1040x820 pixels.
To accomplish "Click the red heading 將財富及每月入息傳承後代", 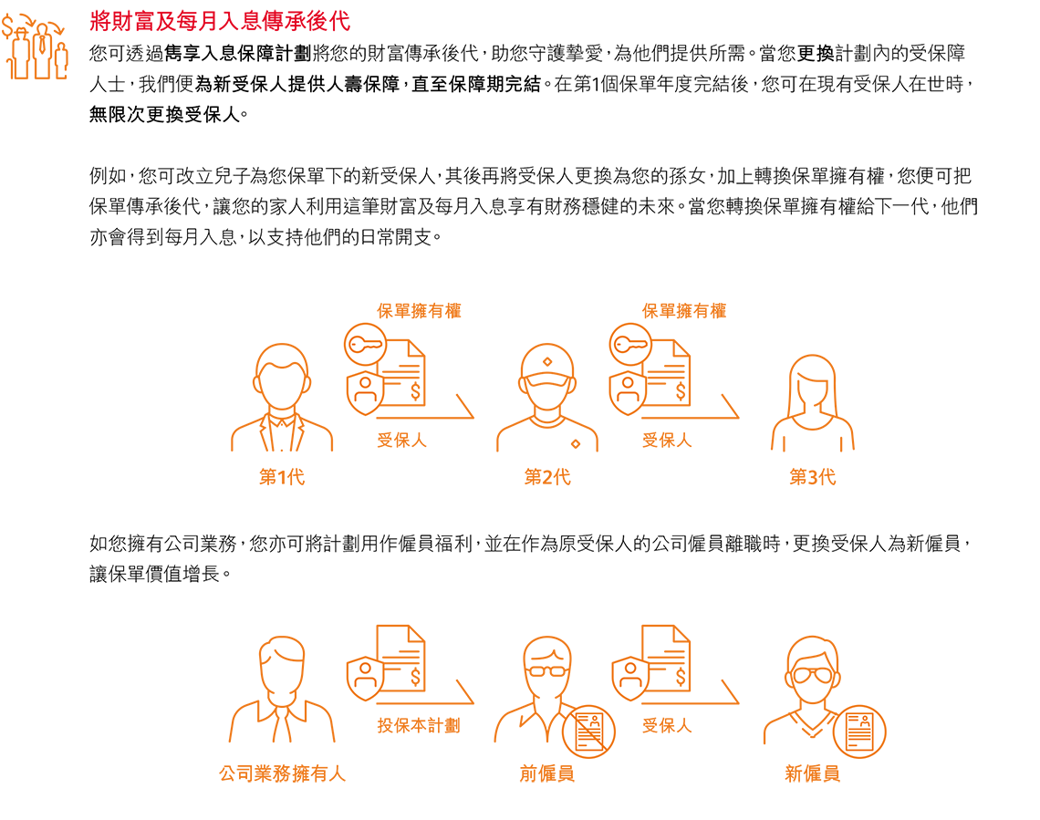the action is coord(220,21).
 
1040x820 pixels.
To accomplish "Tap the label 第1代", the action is coord(282,477).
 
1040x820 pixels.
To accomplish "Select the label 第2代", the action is coord(547,477).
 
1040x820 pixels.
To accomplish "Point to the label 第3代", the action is coord(813,477).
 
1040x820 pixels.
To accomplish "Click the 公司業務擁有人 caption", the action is coord(283,773).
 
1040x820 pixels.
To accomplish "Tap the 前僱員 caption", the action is coord(547,773).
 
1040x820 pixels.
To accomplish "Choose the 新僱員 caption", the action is coord(813,773).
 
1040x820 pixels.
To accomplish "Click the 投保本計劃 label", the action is coord(419,725).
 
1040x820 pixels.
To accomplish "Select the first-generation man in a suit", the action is coord(282,398).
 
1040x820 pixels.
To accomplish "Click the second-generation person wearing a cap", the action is coord(547,398).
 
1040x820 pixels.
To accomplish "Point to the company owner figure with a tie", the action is coord(283,690).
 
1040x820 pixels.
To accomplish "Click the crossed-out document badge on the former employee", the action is coord(589,732).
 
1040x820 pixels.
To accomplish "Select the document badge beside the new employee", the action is coord(859,732).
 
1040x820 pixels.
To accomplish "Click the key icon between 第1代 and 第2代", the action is coord(366,345).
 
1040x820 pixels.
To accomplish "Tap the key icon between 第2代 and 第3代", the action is coord(630,345).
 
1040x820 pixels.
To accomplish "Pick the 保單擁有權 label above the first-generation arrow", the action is coord(419,310).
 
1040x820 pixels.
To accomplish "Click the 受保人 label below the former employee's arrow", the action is coord(667,725).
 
